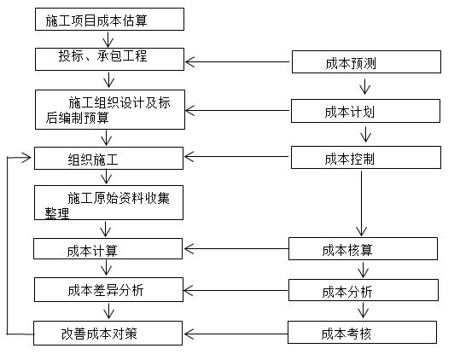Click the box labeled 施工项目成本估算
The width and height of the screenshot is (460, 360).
[108, 19]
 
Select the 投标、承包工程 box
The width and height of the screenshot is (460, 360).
[108, 59]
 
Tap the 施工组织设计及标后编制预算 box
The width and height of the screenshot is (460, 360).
[108, 110]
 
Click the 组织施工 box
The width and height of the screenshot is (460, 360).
[108, 158]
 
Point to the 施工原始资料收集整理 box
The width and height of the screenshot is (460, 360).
[108, 204]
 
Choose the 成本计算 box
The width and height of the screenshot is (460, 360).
[108, 249]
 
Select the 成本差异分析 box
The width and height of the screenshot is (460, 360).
[108, 290]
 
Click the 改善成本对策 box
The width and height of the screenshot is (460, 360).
[108, 333]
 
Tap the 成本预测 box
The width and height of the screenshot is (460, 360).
[366, 61]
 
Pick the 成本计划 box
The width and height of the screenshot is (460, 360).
[366, 111]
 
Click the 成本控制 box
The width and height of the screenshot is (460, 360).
[366, 158]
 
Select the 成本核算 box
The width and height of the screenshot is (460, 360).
[364, 249]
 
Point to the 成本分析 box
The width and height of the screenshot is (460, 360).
[364, 291]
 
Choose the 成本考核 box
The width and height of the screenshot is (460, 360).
[364, 333]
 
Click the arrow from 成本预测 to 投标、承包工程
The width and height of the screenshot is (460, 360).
[238, 61]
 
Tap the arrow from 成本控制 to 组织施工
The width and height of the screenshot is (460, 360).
[238, 157]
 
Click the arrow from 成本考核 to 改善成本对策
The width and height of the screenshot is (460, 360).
[236, 333]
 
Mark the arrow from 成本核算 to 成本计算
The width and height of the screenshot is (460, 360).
[236, 249]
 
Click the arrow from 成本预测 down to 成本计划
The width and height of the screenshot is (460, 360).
[366, 86]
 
